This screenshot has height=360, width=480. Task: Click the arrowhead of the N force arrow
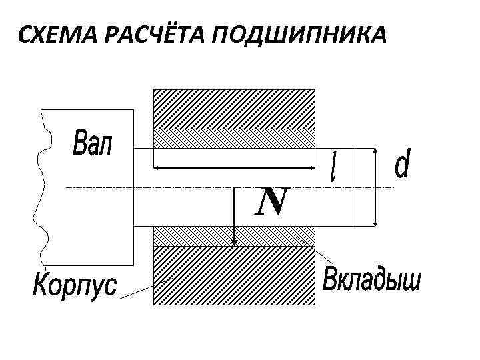[235, 243]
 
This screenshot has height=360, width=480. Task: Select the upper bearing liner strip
[234, 137]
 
